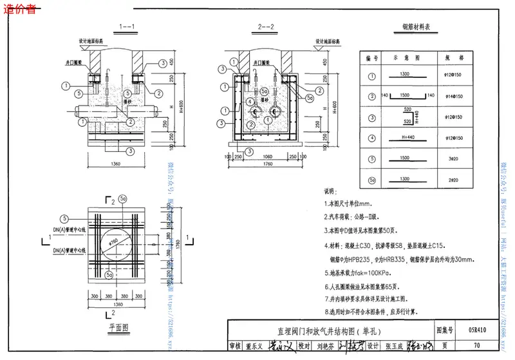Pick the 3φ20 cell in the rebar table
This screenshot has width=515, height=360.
tap(450, 158)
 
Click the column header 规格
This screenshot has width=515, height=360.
tap(450, 57)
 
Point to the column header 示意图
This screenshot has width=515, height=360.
tap(399, 57)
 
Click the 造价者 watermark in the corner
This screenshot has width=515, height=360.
tap(19, 7)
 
